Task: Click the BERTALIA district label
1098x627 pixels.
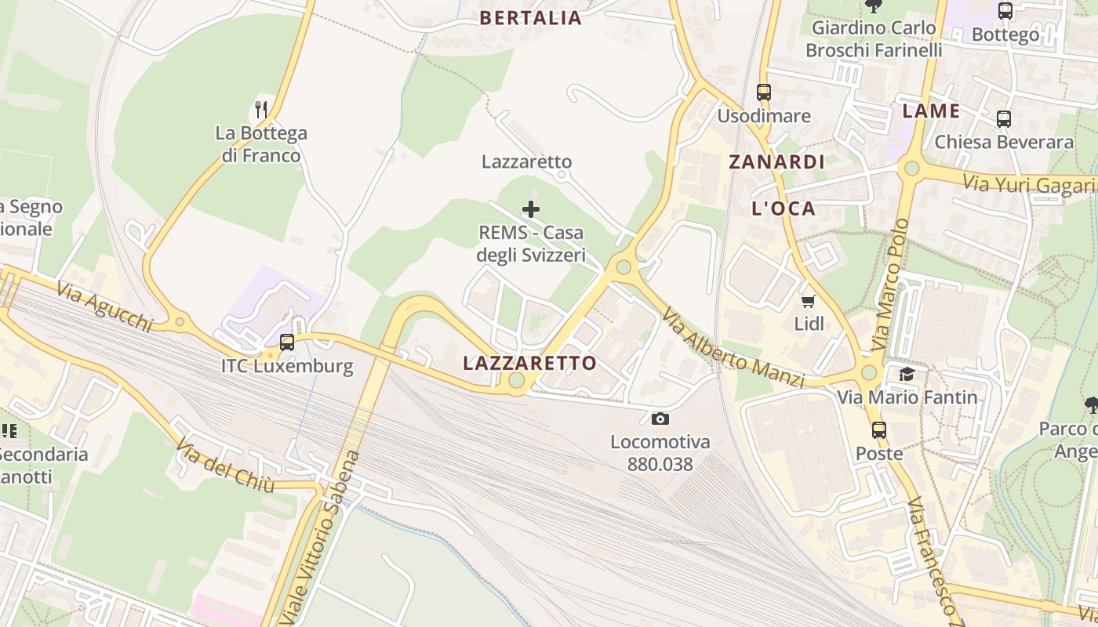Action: pyautogui.click(x=531, y=18)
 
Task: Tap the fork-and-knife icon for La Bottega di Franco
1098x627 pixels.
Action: pyautogui.click(x=262, y=109)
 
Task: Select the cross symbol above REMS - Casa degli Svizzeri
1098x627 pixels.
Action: pyautogui.click(x=531, y=209)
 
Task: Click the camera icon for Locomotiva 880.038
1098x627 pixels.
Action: pyautogui.click(x=660, y=419)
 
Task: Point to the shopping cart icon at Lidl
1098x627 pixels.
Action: pyautogui.click(x=808, y=301)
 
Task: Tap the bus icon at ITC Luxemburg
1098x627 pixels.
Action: pyautogui.click(x=287, y=342)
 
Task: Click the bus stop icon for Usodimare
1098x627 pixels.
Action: pyautogui.click(x=764, y=92)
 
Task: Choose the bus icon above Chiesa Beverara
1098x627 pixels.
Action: pyautogui.click(x=1003, y=119)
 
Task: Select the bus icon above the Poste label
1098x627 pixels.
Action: pyautogui.click(x=878, y=429)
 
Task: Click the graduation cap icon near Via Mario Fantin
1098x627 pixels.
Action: pyautogui.click(x=907, y=374)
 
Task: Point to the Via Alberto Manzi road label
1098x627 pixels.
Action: pyautogui.click(x=733, y=347)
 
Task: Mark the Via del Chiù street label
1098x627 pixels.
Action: pyautogui.click(x=225, y=466)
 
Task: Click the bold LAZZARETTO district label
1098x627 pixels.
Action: pyautogui.click(x=529, y=363)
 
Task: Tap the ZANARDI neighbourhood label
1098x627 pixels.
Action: pyautogui.click(x=776, y=162)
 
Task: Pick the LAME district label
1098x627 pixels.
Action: pyautogui.click(x=931, y=111)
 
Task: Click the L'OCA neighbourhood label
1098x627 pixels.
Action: pyautogui.click(x=784, y=208)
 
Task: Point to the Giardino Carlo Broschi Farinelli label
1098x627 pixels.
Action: pyautogui.click(x=874, y=39)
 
